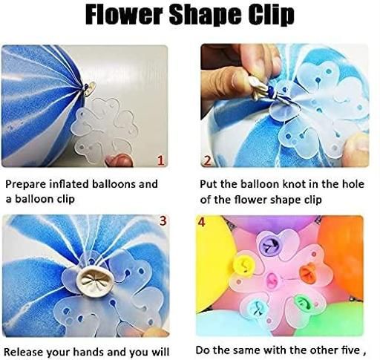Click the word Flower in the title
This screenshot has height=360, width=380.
point(125,15)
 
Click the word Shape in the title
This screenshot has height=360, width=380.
point(206,16)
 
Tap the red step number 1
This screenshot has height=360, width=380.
point(161,160)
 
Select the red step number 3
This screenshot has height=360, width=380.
point(163,220)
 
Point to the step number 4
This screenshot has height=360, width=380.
point(202,222)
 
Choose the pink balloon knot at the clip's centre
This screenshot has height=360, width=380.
point(273,281)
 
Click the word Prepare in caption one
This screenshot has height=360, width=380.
point(26,185)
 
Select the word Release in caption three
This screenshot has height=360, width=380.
point(24,352)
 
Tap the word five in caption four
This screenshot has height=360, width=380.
point(349,350)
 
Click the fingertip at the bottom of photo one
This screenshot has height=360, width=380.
point(119,160)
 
